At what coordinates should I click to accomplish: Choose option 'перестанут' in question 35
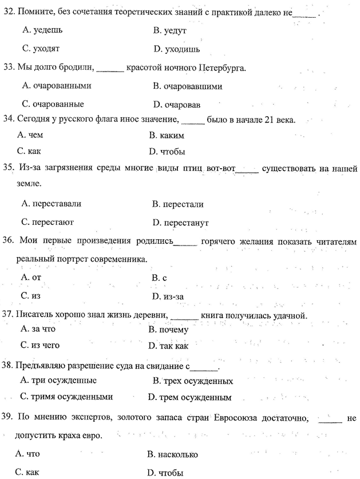pos(185,222)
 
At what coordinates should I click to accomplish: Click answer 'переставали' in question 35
pos(56,203)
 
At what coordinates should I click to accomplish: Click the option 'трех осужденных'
pos(197,381)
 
